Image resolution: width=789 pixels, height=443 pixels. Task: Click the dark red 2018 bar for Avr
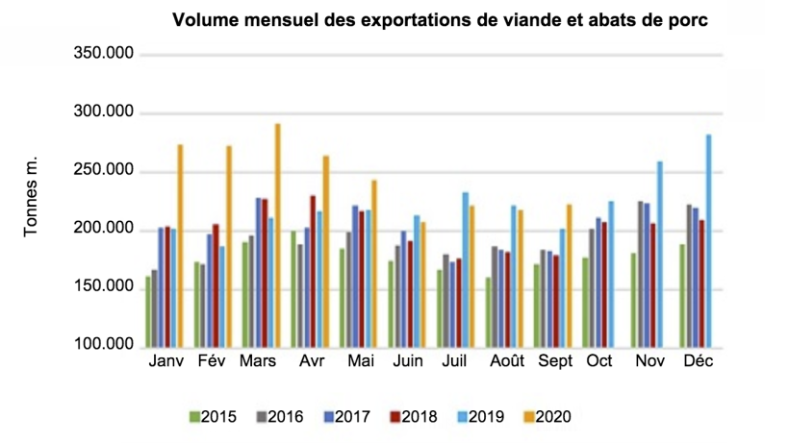(x=313, y=270)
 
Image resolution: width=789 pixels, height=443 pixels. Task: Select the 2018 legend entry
(x=413, y=417)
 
